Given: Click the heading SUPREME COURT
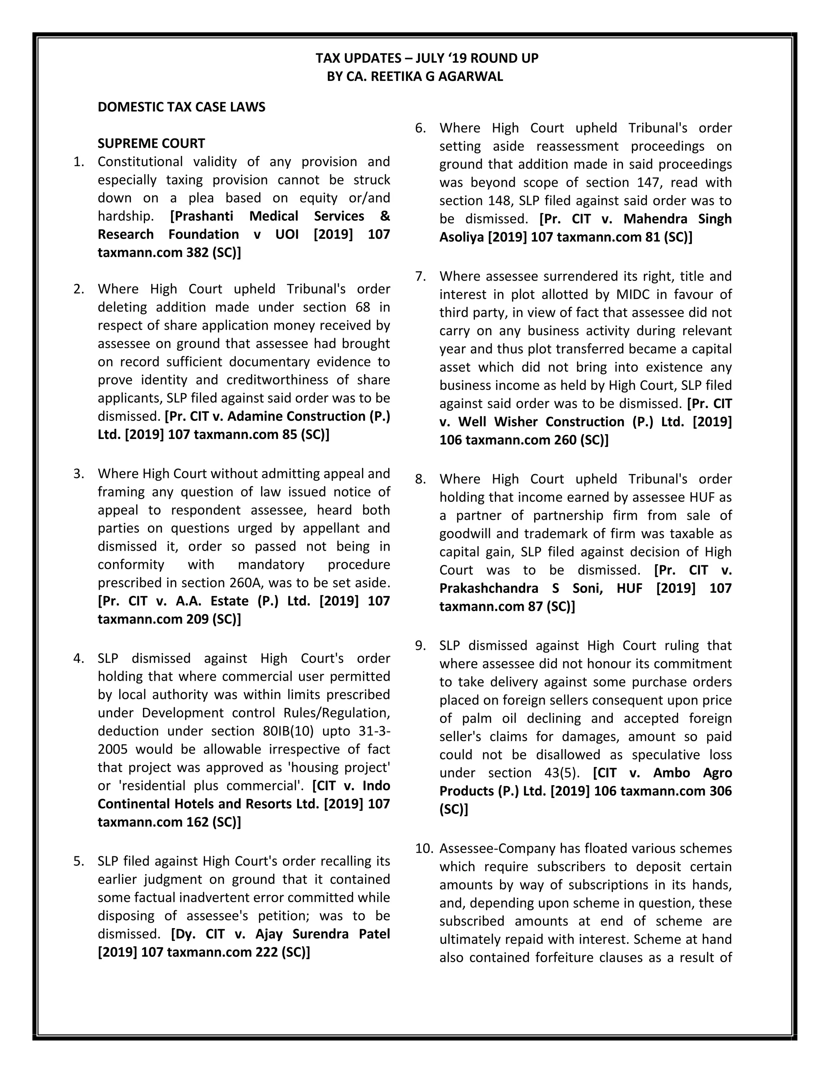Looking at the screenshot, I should click(151, 143).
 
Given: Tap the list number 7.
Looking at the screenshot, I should click(420, 276).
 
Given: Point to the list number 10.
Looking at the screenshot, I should click(424, 848).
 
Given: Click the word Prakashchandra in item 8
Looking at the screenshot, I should click(488, 588).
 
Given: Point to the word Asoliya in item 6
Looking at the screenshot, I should click(461, 237).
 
